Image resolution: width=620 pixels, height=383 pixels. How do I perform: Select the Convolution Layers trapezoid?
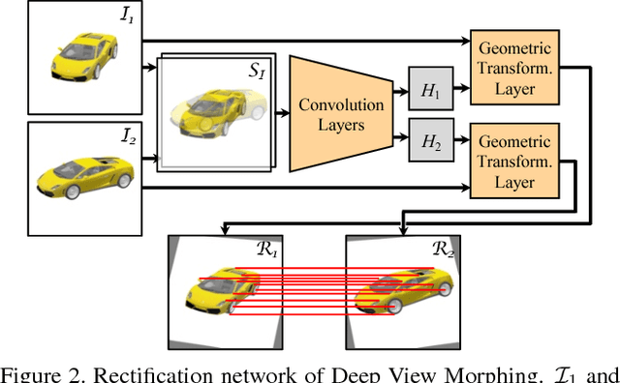point(333,114)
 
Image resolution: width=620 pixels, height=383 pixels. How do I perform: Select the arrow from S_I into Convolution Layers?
point(284,114)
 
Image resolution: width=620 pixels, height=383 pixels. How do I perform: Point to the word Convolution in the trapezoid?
point(333,104)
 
